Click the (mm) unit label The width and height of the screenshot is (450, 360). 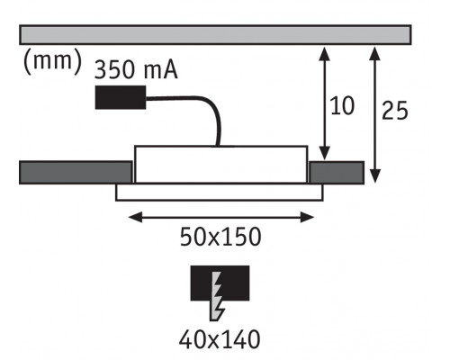[52, 62]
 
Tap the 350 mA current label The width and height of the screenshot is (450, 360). [136, 70]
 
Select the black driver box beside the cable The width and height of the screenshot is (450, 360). [121, 97]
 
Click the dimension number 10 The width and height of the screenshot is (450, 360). [342, 106]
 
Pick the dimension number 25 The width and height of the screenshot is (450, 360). [395, 111]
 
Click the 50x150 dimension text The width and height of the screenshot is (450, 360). [220, 237]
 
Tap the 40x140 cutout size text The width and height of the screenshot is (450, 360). [220, 339]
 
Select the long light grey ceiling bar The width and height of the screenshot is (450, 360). [215, 35]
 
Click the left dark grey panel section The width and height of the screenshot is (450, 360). [76, 172]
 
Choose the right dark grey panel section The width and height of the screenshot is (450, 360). [337, 172]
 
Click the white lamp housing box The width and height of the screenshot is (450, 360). [220, 164]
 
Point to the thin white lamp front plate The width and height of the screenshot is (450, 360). [220, 192]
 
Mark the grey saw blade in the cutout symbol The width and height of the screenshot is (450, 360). [217, 296]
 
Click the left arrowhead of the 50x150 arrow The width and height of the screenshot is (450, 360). [135, 217]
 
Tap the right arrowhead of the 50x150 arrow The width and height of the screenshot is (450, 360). [307, 217]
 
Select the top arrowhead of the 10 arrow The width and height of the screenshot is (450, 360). [324, 53]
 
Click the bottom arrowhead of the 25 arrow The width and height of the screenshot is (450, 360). [375, 175]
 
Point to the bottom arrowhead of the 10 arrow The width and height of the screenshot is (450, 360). [324, 154]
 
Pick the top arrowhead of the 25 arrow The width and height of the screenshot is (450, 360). [375, 53]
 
